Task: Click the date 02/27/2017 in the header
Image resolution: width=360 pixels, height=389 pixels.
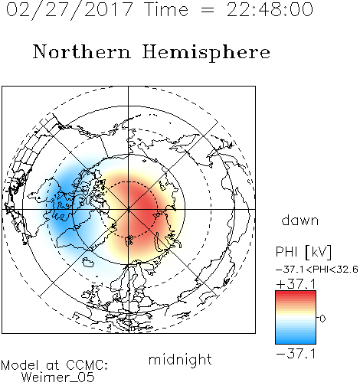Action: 70,10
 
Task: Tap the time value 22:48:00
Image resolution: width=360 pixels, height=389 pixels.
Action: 270,9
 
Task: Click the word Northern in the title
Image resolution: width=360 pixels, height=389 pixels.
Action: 82,51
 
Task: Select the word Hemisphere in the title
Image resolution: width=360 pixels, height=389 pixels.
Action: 206,53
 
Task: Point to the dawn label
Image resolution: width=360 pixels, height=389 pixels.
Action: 300,220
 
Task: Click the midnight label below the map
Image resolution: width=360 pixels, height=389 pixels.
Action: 180,360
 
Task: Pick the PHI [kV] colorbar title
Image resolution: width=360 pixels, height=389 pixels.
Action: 303,252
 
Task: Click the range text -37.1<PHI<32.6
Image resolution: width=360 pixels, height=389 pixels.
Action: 317,270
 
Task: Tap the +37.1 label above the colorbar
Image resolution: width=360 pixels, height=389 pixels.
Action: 296,284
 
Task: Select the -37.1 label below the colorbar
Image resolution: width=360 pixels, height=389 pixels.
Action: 296,354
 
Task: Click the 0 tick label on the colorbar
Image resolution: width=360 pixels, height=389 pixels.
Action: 322,319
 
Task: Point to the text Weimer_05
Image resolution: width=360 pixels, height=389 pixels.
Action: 58,378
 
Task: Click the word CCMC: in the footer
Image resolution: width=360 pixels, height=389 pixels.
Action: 87,365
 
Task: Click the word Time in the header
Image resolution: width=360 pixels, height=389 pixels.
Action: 166,10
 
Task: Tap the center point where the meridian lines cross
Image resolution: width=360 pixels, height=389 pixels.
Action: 129,210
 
